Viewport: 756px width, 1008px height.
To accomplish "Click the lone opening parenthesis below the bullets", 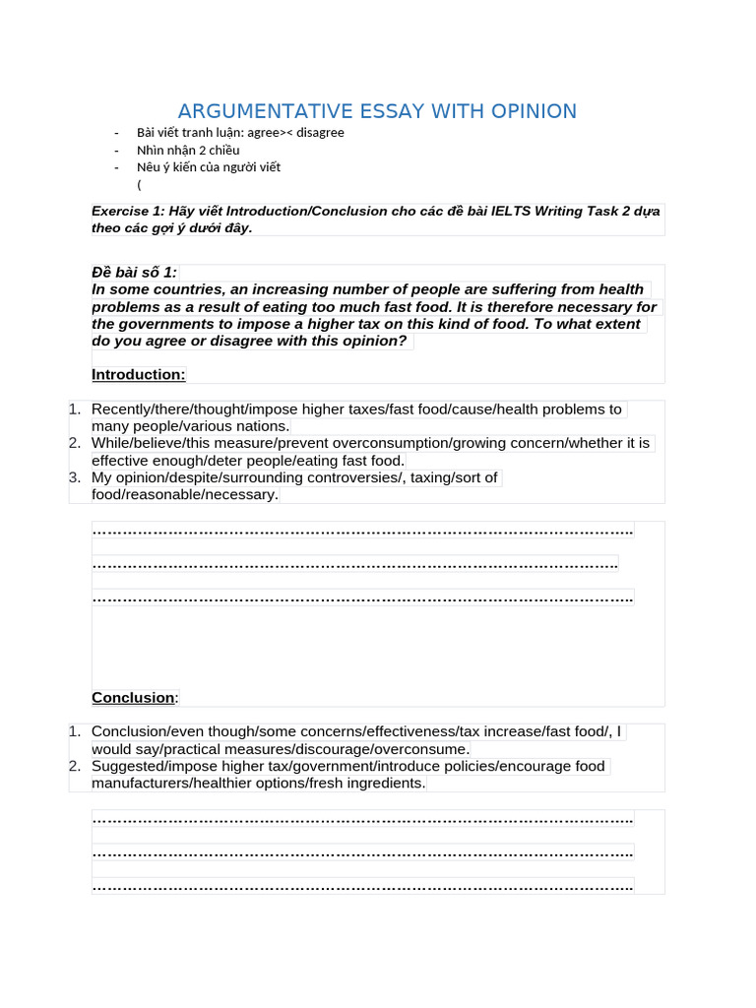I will pyautogui.click(x=140, y=184).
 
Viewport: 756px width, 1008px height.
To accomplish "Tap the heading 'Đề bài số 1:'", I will pyautogui.click(x=134, y=273).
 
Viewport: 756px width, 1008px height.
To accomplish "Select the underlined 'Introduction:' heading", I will pyautogui.click(x=138, y=374).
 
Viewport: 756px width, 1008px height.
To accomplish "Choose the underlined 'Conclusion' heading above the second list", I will pyautogui.click(x=133, y=698).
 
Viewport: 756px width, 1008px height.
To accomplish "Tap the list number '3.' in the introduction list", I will pyautogui.click(x=76, y=477).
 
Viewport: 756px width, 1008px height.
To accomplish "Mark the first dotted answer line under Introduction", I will pyautogui.click(x=362, y=532).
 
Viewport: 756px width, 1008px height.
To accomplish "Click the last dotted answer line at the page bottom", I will pyautogui.click(x=362, y=887).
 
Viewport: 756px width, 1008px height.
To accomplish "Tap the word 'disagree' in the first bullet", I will pyautogui.click(x=320, y=132).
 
